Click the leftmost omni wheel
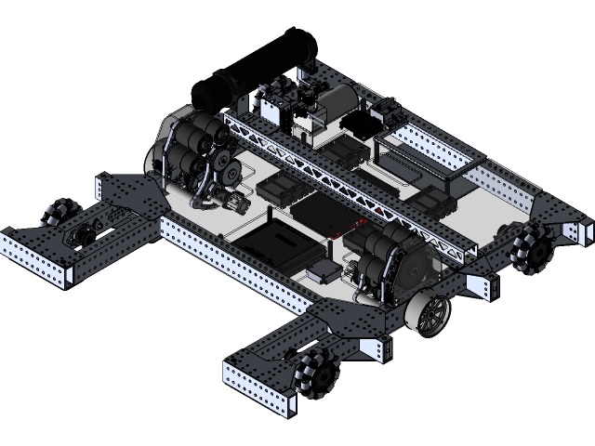[x=58, y=211]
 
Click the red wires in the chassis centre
[x=361, y=226]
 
